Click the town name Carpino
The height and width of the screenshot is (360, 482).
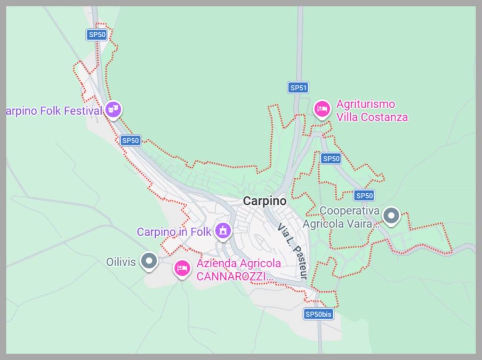[265, 201]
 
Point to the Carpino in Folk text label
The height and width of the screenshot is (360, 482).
[174, 232]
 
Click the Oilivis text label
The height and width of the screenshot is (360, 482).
[121, 262]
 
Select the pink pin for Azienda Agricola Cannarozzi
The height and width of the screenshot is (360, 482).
[182, 268]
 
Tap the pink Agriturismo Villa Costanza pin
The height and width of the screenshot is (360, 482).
[322, 109]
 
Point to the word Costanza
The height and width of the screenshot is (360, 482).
[383, 117]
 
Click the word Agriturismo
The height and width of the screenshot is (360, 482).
[366, 104]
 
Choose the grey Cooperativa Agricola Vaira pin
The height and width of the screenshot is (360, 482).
[391, 216]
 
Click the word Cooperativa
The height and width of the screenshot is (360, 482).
[349, 210]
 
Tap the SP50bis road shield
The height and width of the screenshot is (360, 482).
[319, 314]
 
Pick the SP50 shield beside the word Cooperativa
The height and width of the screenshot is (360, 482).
[364, 195]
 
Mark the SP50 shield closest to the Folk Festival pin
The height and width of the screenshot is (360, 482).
[130, 140]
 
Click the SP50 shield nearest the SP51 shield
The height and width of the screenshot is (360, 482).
[331, 159]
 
